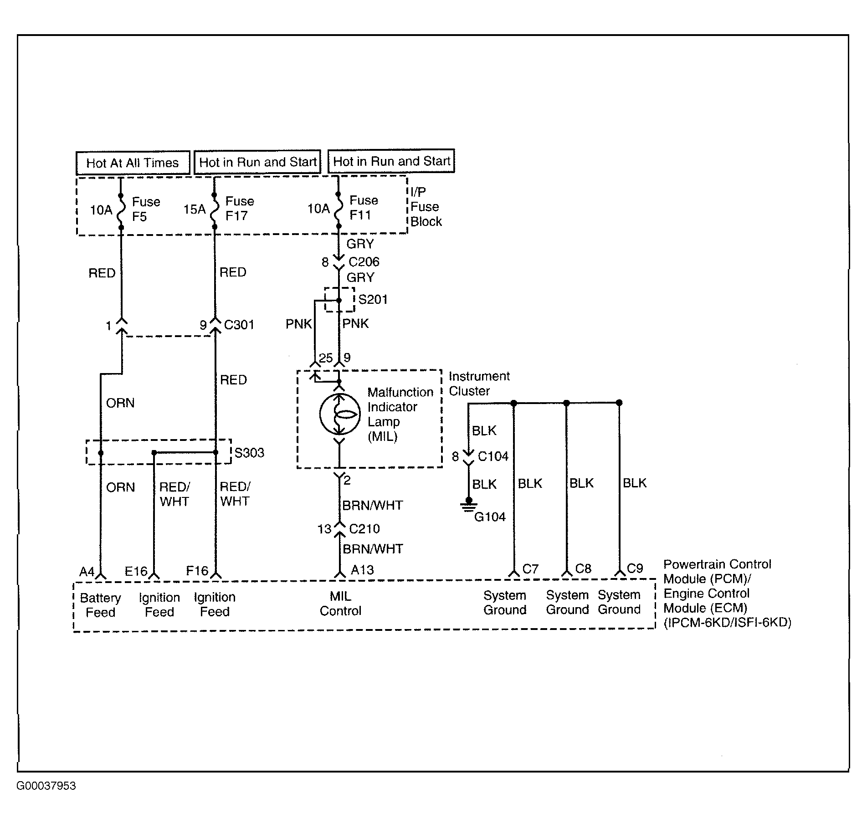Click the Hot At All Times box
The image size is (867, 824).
tap(133, 163)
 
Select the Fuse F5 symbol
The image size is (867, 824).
tap(121, 211)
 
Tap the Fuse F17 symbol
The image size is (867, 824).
tap(215, 210)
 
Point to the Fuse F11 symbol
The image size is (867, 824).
tap(338, 210)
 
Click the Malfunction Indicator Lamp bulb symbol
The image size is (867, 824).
tap(339, 414)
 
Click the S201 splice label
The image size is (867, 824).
tap(373, 299)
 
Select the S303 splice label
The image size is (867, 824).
tap(249, 453)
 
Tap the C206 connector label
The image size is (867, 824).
tap(364, 262)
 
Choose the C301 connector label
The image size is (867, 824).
tap(239, 325)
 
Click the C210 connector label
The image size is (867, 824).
tap(364, 529)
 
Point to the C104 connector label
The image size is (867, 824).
tap(493, 456)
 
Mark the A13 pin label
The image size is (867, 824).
tap(362, 570)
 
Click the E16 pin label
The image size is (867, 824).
tap(136, 571)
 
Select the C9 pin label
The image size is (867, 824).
tap(635, 568)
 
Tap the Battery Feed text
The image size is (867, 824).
tap(101, 605)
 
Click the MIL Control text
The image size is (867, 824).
tap(340, 604)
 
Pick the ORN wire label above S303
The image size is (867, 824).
tap(120, 403)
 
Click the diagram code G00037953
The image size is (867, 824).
tap(46, 786)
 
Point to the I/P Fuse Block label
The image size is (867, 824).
tap(426, 207)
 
